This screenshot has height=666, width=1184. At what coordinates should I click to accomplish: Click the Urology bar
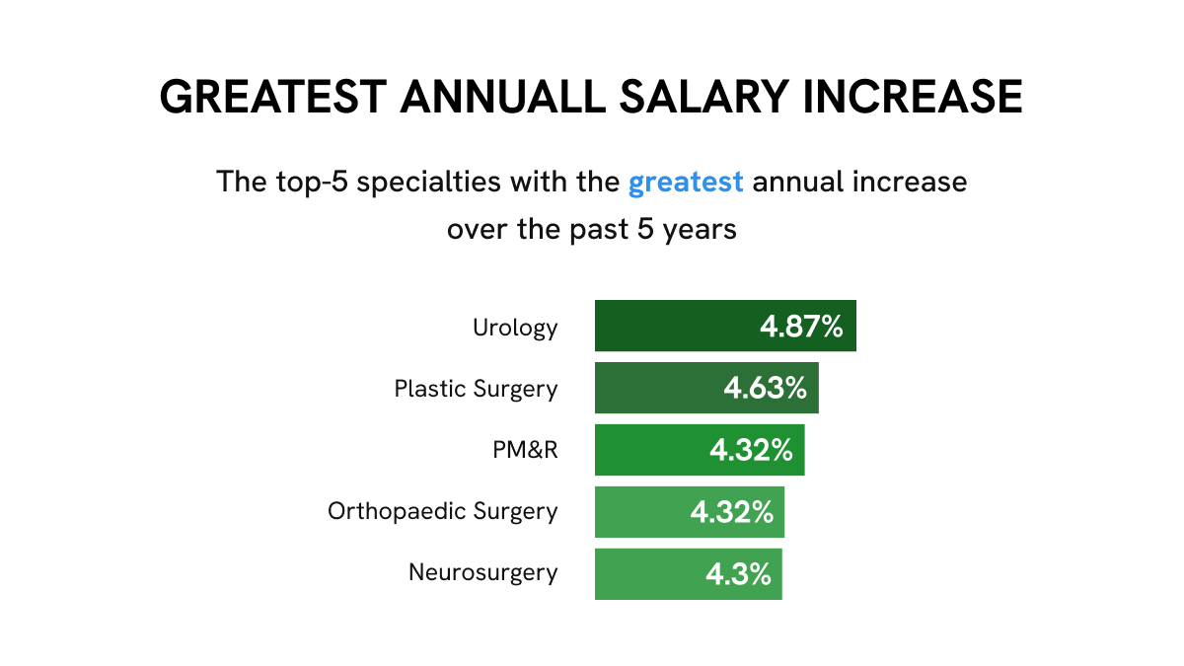pos(671,326)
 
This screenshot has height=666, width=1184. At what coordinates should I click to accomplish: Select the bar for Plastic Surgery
pos(651,388)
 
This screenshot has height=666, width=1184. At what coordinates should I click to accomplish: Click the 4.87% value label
pos(801,327)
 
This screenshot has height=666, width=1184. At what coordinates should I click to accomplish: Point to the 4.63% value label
pos(765,389)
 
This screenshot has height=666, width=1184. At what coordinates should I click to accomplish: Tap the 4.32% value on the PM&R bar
pos(751,451)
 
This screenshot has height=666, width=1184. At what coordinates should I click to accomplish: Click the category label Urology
pos(515,328)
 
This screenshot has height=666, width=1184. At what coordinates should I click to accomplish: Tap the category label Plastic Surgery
pos(476,389)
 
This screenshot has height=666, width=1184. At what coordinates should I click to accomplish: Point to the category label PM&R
pos(526,450)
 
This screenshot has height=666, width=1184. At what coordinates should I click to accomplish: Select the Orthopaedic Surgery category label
pos(442,512)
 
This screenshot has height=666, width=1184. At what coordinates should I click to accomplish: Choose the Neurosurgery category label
pos(482,573)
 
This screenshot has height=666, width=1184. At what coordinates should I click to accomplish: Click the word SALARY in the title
pos(695,98)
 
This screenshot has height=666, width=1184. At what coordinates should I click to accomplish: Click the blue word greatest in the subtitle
pos(686,184)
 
